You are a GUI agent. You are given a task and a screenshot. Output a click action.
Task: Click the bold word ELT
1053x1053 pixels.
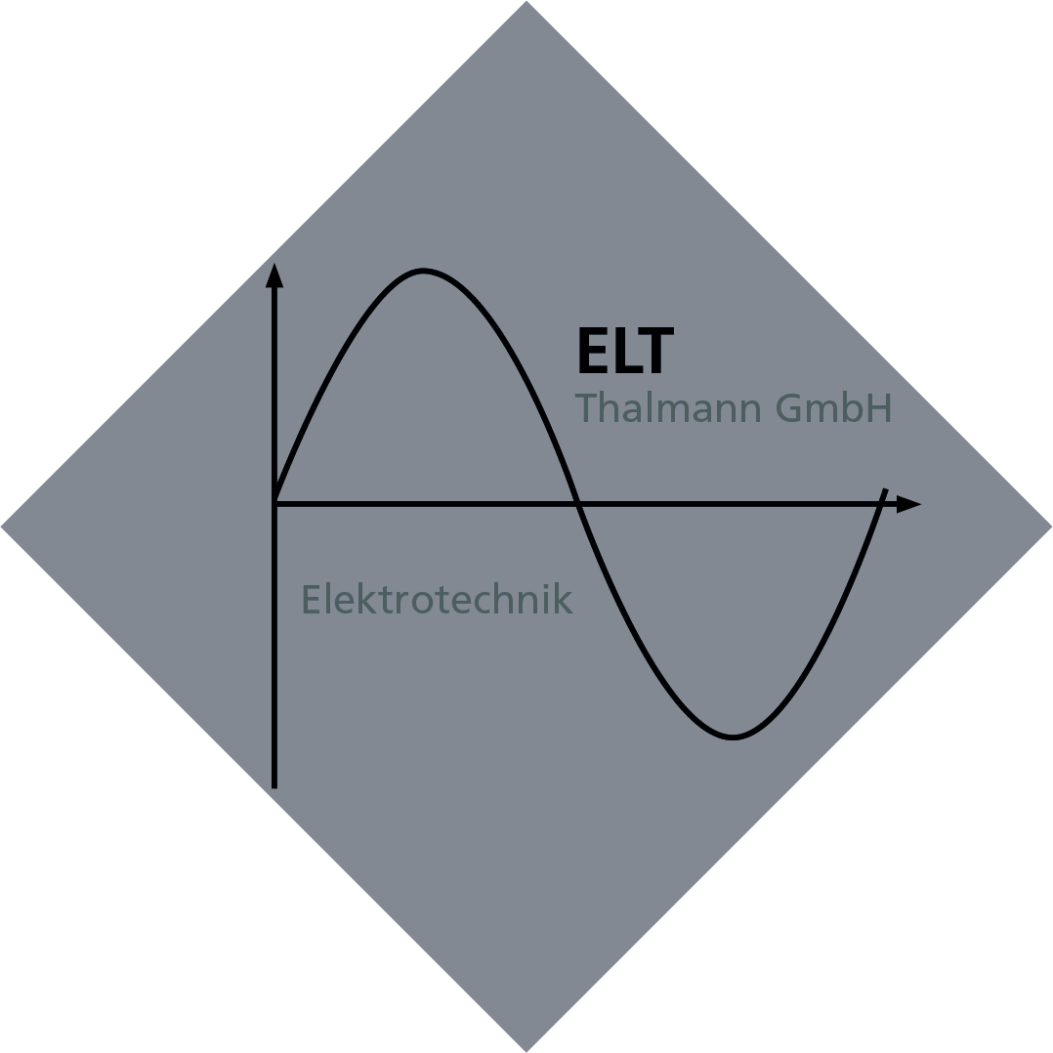tap(626, 350)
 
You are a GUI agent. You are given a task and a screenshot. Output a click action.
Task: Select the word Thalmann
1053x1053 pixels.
tap(668, 406)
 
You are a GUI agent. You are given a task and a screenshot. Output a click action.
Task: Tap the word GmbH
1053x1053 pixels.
tap(833, 406)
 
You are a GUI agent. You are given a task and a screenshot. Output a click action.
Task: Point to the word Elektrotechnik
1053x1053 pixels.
tap(438, 599)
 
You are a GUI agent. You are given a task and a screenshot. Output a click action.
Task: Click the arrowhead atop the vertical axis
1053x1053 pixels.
tap(274, 275)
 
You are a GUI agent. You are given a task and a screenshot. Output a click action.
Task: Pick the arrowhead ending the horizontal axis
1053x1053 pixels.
tap(908, 504)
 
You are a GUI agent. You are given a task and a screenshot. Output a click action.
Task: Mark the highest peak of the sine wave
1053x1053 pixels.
tap(422, 271)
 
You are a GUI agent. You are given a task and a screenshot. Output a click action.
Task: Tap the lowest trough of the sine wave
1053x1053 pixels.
tap(733, 737)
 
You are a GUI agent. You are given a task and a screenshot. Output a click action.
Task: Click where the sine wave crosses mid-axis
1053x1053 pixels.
tap(578, 504)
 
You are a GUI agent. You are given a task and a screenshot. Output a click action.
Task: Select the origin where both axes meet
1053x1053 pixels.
tap(274, 504)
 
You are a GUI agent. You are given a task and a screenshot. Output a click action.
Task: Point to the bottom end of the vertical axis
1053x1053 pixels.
tap(274, 787)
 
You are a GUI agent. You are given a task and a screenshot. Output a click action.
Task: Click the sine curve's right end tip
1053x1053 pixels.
tap(886, 489)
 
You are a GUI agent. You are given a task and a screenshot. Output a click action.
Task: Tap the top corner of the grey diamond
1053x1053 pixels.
tap(526, 1)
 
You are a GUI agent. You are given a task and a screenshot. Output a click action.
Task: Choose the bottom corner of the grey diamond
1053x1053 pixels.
tap(526, 1051)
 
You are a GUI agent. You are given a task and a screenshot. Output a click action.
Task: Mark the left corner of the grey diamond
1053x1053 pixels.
tap(1, 526)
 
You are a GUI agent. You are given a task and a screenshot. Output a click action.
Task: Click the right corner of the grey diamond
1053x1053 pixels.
tap(1051, 526)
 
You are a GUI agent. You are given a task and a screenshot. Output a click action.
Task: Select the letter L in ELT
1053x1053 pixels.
tap(629, 350)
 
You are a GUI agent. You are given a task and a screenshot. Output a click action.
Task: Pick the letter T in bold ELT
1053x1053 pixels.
tap(656, 350)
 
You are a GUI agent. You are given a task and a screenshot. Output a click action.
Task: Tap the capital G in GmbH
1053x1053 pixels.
tap(788, 407)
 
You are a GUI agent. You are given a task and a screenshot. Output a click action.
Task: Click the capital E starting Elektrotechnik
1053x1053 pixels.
tap(311, 599)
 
